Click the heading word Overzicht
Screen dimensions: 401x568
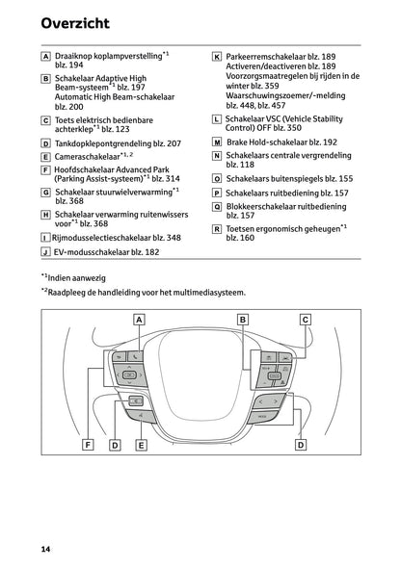(75, 23)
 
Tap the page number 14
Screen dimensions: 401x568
(45, 549)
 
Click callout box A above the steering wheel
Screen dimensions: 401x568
(139, 320)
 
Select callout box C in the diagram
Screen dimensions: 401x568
(306, 320)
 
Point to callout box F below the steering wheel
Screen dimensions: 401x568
(88, 445)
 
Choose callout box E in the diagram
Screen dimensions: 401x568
(141, 445)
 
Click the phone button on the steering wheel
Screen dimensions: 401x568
(136, 356)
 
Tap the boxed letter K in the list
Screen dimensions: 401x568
(217, 57)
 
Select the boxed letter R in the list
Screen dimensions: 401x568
(217, 229)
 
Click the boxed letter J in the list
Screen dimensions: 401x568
(45, 252)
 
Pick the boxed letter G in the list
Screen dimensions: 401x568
(45, 193)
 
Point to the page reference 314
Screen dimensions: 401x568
(173, 179)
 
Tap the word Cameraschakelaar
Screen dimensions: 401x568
(87, 157)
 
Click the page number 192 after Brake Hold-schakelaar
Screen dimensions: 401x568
(330, 142)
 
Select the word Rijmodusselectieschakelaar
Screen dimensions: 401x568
(101, 238)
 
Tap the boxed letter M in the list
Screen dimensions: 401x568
(217, 142)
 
